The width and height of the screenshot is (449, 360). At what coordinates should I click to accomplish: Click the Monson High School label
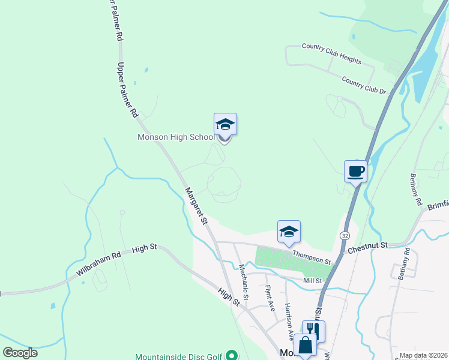click(x=176, y=137)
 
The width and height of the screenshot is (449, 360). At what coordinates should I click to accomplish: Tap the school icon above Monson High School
click(x=225, y=124)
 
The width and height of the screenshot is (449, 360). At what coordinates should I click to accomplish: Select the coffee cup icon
click(x=355, y=171)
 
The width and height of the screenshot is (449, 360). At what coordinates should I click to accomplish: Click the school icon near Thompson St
click(x=289, y=232)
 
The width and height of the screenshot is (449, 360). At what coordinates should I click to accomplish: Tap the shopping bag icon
click(x=305, y=345)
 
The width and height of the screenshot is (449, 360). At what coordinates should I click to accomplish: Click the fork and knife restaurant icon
click(x=313, y=330)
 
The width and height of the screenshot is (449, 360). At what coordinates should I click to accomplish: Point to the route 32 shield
click(x=345, y=236)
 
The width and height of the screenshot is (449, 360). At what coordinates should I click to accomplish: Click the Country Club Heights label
click(x=331, y=53)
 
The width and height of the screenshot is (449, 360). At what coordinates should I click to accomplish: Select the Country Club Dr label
click(x=364, y=85)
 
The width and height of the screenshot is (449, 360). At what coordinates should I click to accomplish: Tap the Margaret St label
click(x=195, y=206)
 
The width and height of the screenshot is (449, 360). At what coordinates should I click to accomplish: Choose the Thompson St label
click(x=312, y=257)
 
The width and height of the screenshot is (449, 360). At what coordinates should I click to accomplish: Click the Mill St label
click(x=313, y=280)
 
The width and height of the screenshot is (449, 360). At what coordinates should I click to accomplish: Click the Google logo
click(x=20, y=352)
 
